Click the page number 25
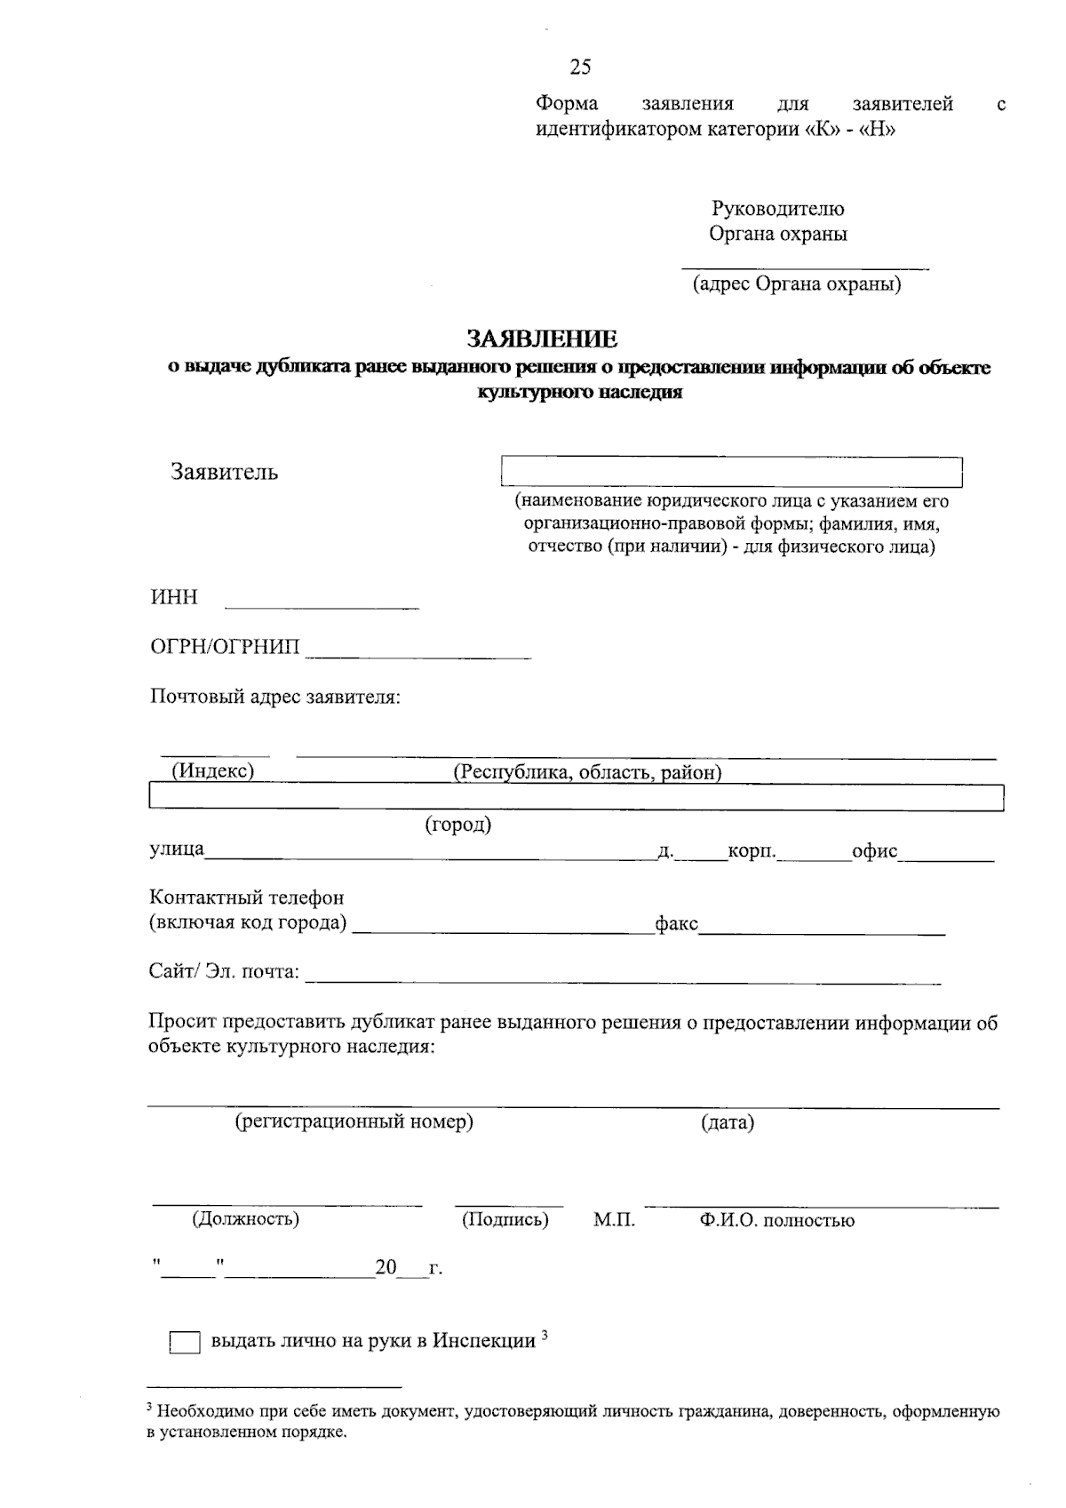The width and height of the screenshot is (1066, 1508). tap(580, 67)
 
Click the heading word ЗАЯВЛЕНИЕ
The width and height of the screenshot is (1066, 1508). tap(542, 339)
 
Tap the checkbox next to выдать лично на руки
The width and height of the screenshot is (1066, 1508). tap(185, 1343)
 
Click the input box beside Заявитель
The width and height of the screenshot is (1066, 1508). tap(732, 472)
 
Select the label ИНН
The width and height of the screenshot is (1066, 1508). tap(174, 597)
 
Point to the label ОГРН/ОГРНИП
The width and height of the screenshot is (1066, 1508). tap(225, 646)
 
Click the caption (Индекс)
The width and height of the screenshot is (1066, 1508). tap(213, 770)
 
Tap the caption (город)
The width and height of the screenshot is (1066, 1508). tap(458, 825)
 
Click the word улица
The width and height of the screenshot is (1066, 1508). tap(176, 850)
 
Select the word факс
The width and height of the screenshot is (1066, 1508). tap(676, 923)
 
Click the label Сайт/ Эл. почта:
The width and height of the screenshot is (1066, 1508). tap(224, 971)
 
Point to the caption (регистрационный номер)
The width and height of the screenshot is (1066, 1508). tap(354, 1121)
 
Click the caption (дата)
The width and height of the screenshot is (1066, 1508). tap(728, 1122)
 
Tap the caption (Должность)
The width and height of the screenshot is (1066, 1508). tap(245, 1218)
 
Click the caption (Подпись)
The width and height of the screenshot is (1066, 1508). tap(505, 1219)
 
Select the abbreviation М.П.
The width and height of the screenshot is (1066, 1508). tap(614, 1220)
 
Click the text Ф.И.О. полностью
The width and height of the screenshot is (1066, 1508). tap(776, 1220)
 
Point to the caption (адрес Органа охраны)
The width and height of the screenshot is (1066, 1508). tap(797, 284)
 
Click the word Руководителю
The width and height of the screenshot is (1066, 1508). tap(777, 209)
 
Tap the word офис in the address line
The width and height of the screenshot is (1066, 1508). tap(874, 850)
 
